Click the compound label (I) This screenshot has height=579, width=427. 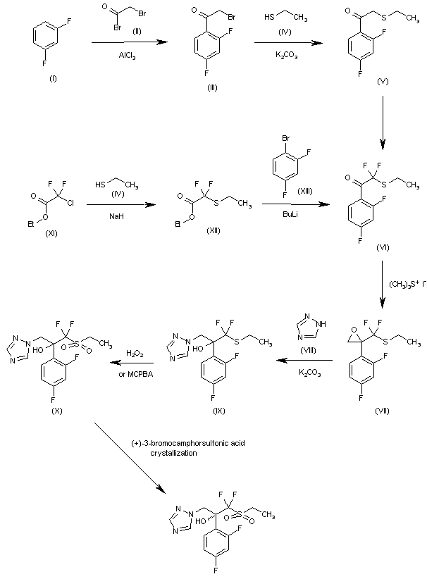(x=53, y=78)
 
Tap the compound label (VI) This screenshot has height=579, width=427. (x=383, y=247)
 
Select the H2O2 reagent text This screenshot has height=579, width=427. (x=136, y=353)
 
